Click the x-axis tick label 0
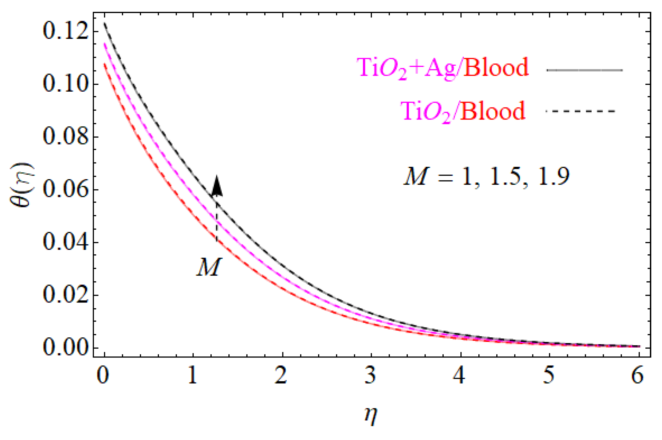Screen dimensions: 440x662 [103, 376]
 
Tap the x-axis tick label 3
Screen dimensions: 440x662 [371, 376]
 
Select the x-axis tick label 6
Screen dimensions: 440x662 [638, 376]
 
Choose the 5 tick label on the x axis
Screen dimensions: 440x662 [549, 376]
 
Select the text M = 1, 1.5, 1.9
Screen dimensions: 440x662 [486, 177]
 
